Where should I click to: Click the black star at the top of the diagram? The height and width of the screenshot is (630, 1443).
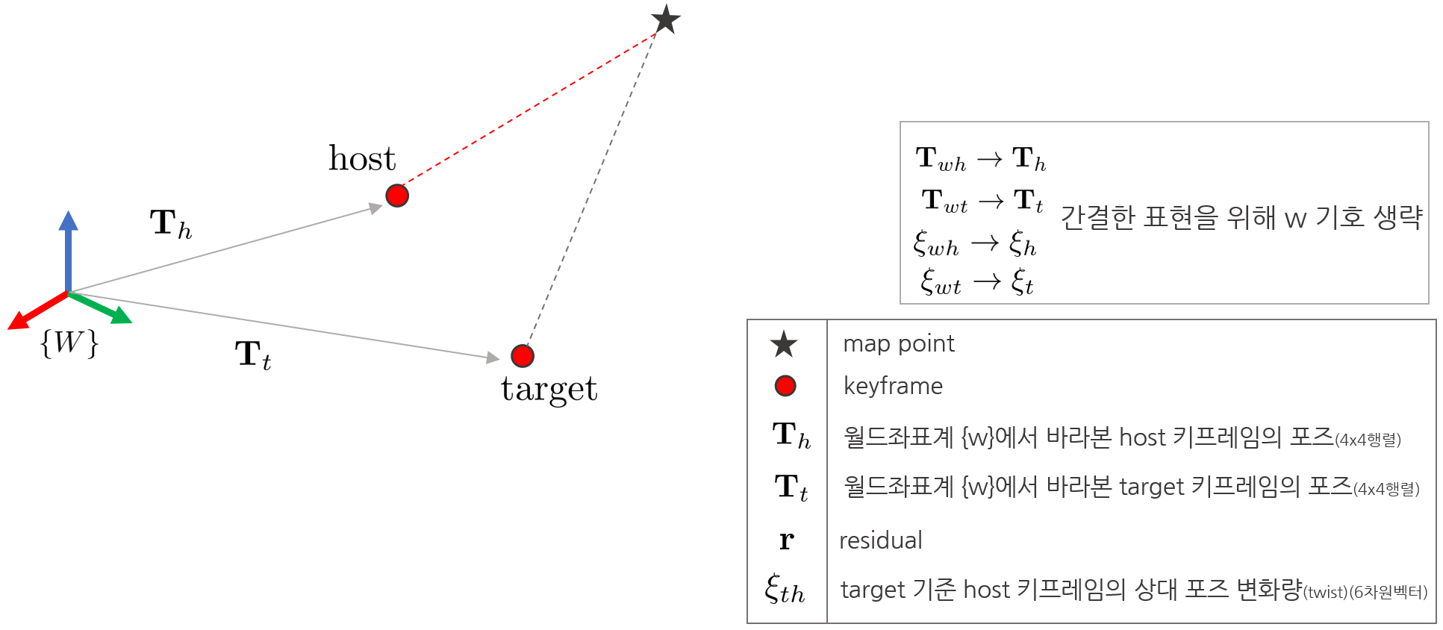(665, 19)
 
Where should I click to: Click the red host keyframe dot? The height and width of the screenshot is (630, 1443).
(397, 196)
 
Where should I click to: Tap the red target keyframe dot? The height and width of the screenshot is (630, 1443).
(523, 356)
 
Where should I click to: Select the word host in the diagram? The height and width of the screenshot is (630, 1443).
(362, 158)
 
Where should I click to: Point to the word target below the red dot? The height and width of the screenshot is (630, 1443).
(549, 389)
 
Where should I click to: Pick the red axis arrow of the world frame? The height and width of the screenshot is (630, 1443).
(34, 311)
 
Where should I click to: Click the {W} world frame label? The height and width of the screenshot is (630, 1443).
(69, 343)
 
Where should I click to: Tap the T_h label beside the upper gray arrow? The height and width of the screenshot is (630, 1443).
(171, 224)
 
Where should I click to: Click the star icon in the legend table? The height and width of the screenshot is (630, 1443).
(784, 344)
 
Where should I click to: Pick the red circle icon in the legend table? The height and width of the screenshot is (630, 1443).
(785, 386)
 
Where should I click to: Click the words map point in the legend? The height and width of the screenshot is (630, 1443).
(898, 343)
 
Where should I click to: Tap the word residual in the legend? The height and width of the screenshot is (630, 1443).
(881, 540)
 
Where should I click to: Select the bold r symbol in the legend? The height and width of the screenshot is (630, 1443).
(786, 540)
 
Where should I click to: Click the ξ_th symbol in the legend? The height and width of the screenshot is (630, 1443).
(785, 590)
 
